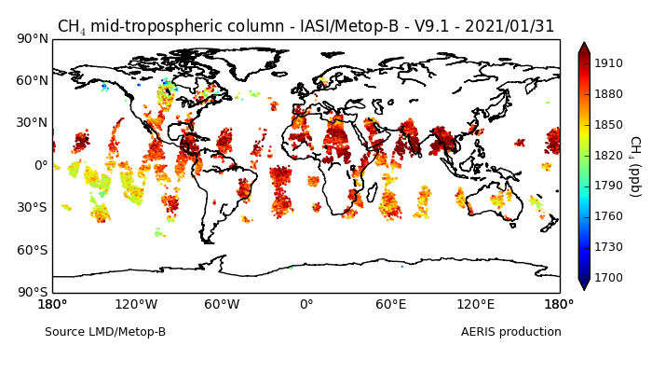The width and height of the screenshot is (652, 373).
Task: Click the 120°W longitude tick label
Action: point(137,305)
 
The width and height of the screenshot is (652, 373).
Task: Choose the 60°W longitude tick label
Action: point(222,305)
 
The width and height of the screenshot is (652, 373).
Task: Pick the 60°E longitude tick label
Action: point(390,305)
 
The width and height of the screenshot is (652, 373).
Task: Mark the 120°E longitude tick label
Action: point(475,305)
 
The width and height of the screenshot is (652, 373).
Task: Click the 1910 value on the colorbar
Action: point(609,63)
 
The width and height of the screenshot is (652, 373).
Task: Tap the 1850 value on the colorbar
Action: point(609,124)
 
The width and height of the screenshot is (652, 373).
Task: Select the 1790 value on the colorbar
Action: point(609,186)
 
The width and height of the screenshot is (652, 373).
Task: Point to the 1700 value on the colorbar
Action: point(609,277)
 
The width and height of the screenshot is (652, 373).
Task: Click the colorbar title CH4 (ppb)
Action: point(634,165)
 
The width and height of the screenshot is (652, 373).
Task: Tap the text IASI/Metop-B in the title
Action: point(306,26)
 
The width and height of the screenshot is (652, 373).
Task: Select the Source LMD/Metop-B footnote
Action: point(105,332)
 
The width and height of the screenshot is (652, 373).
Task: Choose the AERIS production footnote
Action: point(510,332)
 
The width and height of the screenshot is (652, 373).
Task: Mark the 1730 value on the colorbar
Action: point(609,246)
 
